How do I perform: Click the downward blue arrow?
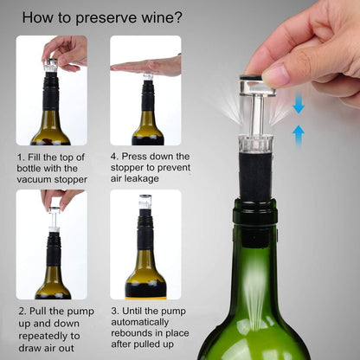tap(298, 105)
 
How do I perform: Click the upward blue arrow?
tap(298, 132)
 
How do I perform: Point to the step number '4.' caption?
tap(114, 157)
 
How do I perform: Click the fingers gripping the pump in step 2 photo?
tap(55, 198)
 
